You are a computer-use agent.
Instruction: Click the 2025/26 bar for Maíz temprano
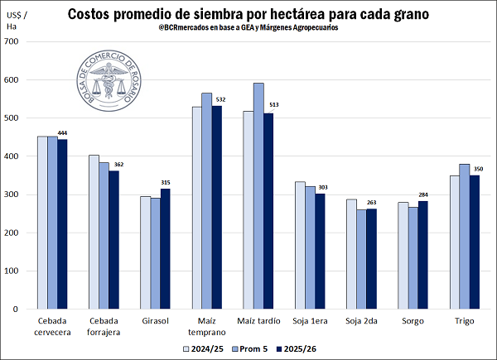click(216, 207)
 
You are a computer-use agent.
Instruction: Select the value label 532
click(220, 99)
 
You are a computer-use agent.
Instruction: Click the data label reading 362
click(118, 164)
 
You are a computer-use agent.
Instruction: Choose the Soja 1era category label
click(310, 319)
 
